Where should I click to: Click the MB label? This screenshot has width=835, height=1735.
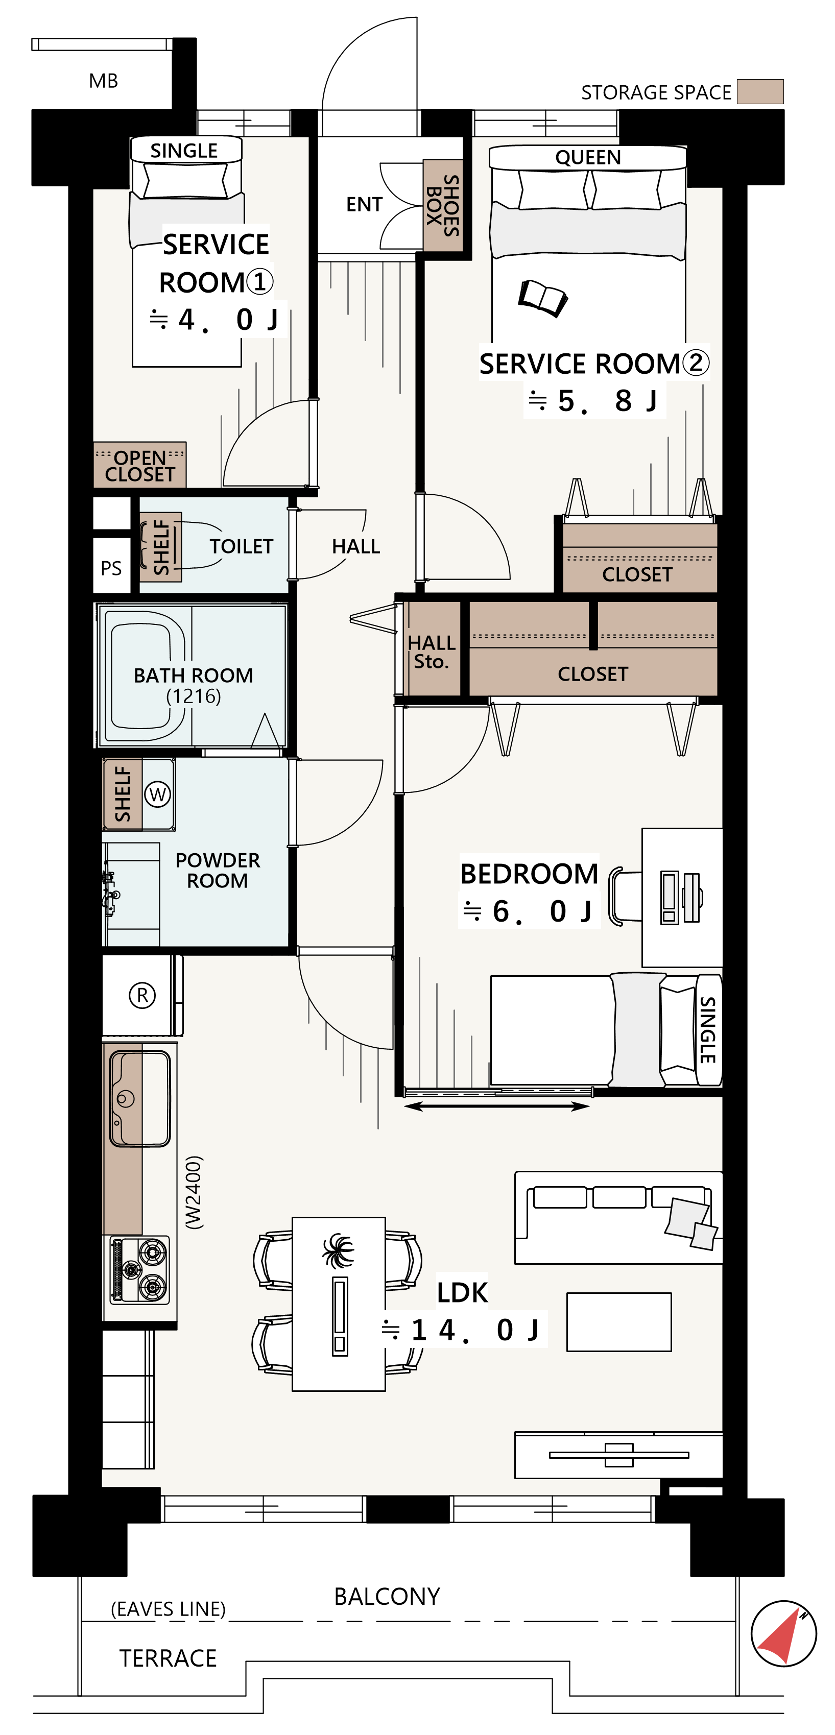click(x=103, y=81)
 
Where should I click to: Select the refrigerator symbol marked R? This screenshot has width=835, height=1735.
click(x=141, y=995)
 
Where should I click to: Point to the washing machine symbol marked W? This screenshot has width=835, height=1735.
click(x=158, y=794)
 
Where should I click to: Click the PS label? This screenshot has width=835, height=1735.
click(x=111, y=568)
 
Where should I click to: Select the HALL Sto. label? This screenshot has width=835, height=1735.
click(x=432, y=652)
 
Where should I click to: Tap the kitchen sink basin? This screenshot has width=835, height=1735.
click(x=140, y=1098)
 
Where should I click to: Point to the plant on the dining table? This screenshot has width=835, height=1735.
click(x=338, y=1251)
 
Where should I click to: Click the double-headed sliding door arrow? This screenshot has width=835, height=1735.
click(x=497, y=1105)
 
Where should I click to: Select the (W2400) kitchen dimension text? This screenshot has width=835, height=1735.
click(x=194, y=1192)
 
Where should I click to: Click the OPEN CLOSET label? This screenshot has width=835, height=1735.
click(x=139, y=465)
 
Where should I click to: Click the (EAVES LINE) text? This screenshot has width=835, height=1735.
click(x=168, y=1609)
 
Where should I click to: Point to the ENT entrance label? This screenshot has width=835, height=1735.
click(x=364, y=204)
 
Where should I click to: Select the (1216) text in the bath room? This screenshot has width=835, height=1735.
click(x=194, y=696)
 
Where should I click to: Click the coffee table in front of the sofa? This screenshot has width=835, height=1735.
click(x=618, y=1321)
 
